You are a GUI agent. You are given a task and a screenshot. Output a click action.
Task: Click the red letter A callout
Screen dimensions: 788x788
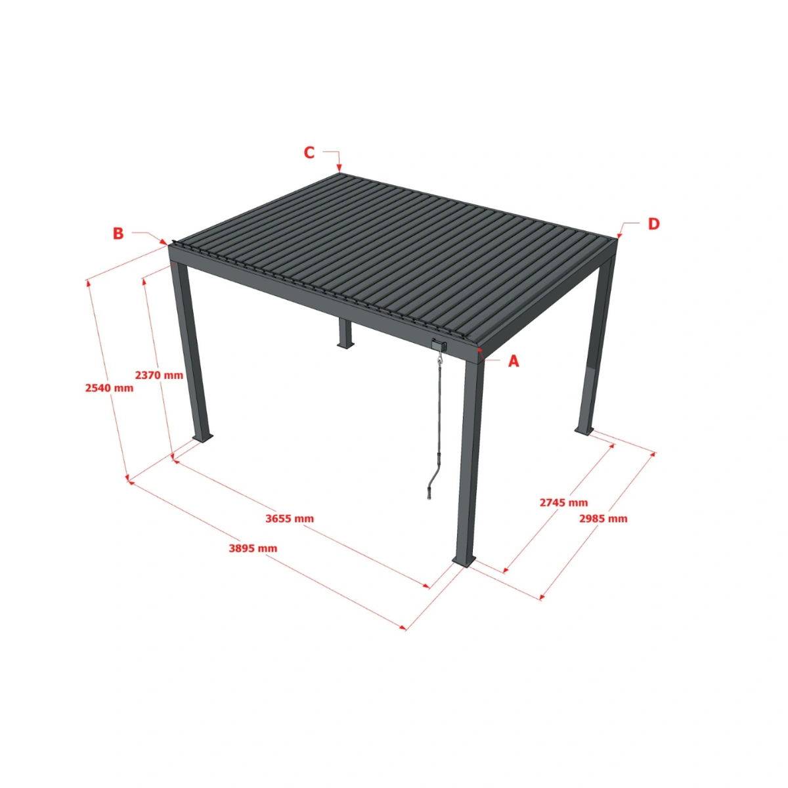click(514, 361)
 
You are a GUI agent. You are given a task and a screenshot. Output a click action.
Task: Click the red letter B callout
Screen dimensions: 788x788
click(118, 233)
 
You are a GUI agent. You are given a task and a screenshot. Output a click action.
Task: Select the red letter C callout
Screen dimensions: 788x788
click(309, 153)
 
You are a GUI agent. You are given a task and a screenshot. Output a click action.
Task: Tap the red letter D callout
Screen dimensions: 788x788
click(653, 224)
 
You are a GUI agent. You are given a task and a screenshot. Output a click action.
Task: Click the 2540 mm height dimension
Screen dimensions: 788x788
click(109, 387)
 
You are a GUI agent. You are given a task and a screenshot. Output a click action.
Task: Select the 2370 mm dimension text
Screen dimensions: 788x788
click(159, 375)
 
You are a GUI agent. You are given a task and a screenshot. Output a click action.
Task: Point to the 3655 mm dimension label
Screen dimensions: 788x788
click(290, 518)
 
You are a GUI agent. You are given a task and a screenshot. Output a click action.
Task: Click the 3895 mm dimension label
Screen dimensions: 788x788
click(253, 548)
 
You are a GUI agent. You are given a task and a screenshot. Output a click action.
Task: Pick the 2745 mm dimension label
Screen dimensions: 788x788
click(563, 502)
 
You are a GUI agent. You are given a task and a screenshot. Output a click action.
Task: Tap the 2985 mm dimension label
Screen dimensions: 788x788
click(603, 518)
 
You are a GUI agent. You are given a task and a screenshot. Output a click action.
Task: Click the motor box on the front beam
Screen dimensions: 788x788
click(439, 344)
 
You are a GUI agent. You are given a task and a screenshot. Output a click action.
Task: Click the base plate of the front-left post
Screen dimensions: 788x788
click(203, 437)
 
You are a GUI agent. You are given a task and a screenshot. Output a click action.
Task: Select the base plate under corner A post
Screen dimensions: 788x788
click(464, 561)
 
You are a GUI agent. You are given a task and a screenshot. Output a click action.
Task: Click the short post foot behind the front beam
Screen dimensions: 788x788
click(345, 343)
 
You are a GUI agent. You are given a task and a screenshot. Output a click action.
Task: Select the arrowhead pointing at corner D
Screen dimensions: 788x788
click(619, 234)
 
